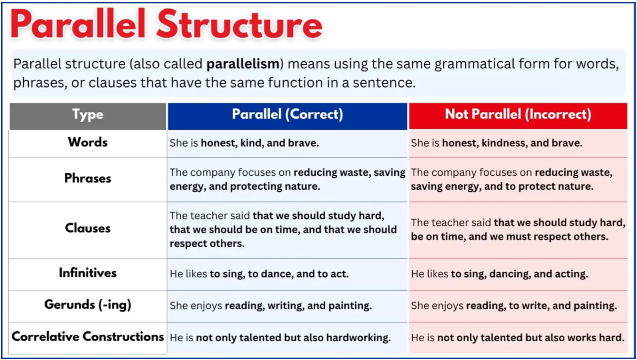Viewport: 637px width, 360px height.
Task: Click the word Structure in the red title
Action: (240, 25)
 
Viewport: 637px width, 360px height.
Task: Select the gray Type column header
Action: (88, 115)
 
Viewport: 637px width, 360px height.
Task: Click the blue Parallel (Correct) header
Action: (287, 114)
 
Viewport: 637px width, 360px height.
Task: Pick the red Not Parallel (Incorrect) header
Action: (518, 114)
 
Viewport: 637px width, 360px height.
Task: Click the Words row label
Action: (88, 142)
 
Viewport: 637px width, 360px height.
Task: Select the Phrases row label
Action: (88, 178)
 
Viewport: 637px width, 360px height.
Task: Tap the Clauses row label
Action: (88, 228)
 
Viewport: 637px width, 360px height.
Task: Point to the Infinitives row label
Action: (88, 273)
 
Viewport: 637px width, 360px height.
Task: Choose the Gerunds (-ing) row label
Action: (88, 305)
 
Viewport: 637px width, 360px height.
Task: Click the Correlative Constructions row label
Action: (88, 337)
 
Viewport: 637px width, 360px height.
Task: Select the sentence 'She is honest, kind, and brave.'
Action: (244, 143)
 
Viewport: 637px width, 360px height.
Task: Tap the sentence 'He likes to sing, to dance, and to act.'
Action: (259, 274)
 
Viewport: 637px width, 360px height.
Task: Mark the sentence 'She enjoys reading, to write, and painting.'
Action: (514, 306)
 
